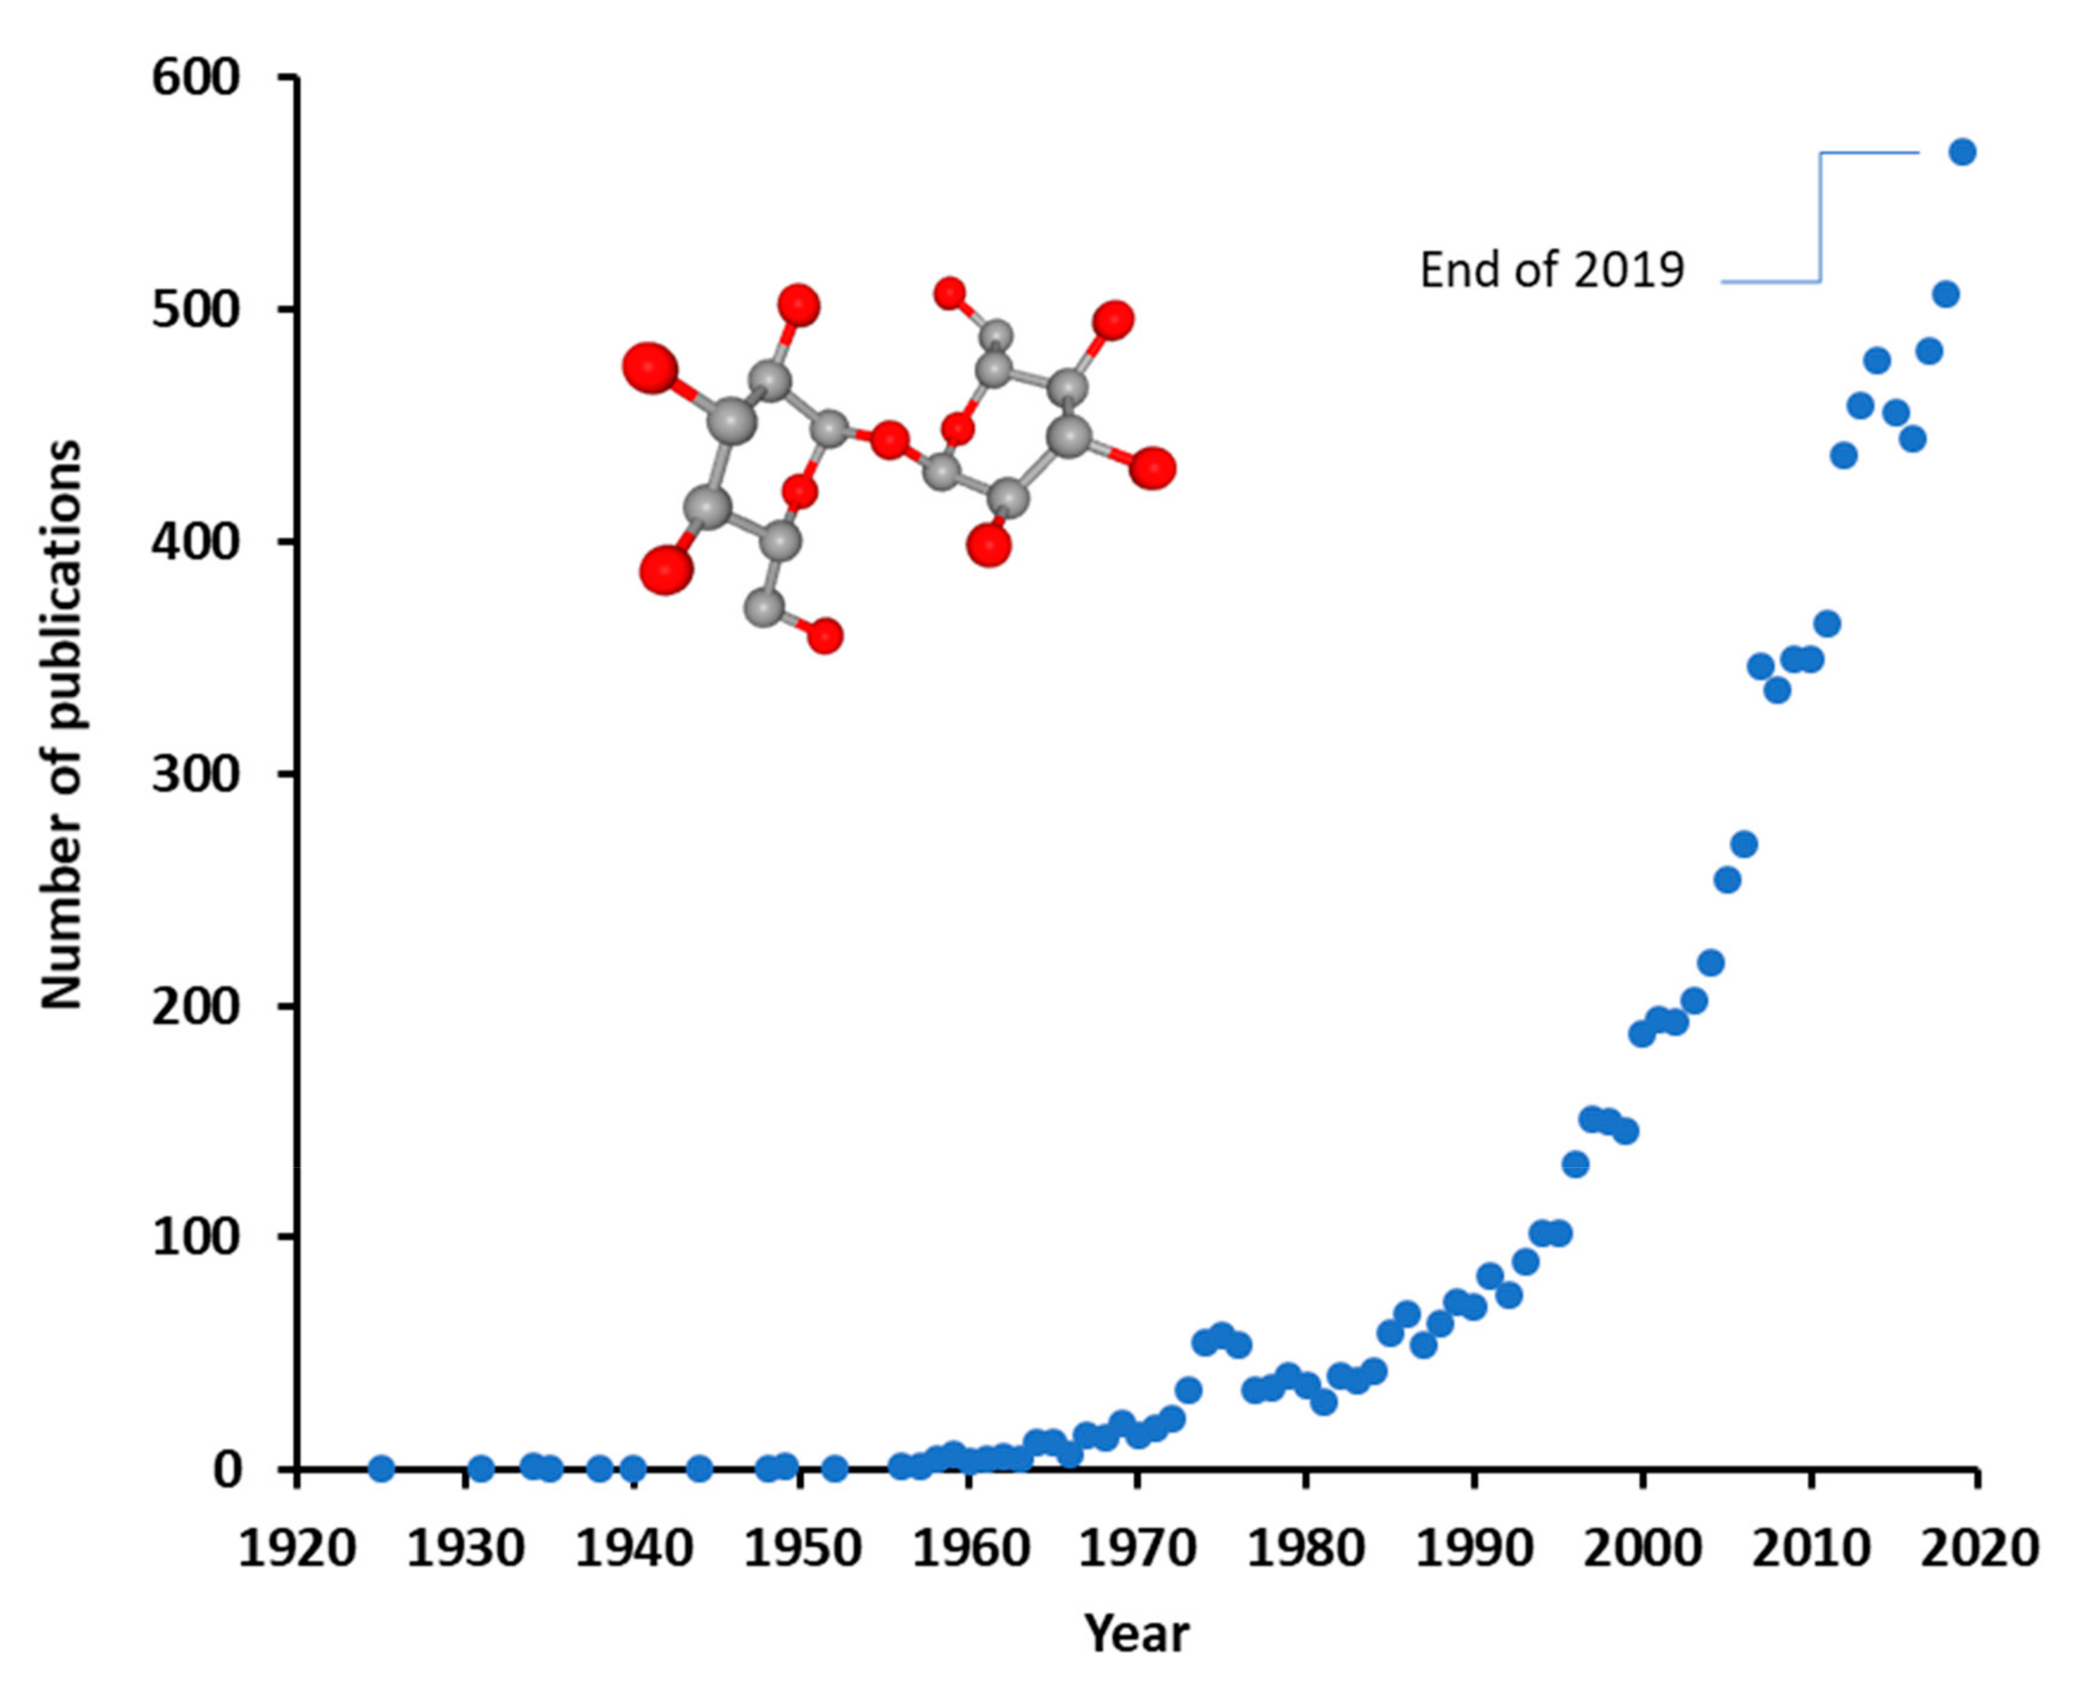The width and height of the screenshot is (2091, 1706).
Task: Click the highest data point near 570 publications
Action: (1962, 153)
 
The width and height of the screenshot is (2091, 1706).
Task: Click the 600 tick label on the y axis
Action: (197, 79)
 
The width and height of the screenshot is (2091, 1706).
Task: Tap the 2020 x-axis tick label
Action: (1979, 1549)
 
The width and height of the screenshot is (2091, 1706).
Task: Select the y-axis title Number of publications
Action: (61, 725)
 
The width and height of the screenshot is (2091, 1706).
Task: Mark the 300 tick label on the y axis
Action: (197, 775)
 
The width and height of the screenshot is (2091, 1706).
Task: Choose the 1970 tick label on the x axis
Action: (1137, 1549)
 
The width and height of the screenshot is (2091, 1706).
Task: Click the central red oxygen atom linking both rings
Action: (889, 440)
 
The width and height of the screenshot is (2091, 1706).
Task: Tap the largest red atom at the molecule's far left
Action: (650, 368)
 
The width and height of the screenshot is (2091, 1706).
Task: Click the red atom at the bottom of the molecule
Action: (826, 636)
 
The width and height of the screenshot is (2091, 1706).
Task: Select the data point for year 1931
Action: (481, 1468)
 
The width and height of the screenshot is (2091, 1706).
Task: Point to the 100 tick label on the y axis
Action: (197, 1238)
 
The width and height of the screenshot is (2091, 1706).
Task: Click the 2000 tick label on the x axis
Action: (1641, 1549)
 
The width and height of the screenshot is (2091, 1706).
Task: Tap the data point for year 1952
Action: (835, 1468)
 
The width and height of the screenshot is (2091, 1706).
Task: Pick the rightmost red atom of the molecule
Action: (1152, 468)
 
